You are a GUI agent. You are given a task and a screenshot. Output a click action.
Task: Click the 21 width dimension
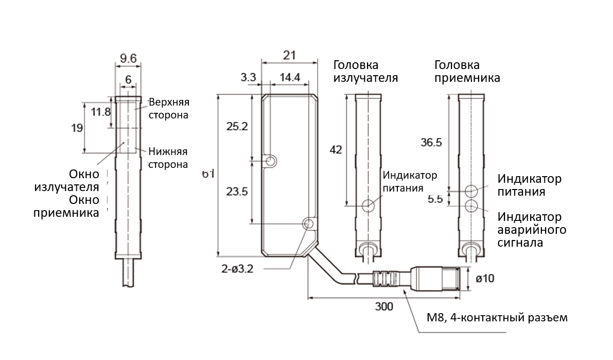[x=289, y=55]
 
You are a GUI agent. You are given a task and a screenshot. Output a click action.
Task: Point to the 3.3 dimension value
[x=248, y=78]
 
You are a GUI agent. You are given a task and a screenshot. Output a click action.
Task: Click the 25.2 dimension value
[x=237, y=126]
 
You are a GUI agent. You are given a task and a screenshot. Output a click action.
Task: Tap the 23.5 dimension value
[x=237, y=192]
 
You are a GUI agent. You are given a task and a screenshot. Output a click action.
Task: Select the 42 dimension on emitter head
[x=336, y=149]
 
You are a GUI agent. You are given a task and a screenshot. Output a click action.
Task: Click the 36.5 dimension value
[x=431, y=143]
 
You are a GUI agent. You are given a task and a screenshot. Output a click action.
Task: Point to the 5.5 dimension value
[x=435, y=199]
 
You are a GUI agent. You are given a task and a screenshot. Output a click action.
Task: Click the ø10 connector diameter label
[x=486, y=279]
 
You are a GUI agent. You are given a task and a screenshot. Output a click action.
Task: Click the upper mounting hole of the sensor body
[x=271, y=162]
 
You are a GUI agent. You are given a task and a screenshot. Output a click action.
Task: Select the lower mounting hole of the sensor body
[x=308, y=224]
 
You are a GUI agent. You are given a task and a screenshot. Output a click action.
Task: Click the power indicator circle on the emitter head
[x=368, y=205]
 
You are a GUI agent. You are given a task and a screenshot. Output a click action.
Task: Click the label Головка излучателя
[x=365, y=72]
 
